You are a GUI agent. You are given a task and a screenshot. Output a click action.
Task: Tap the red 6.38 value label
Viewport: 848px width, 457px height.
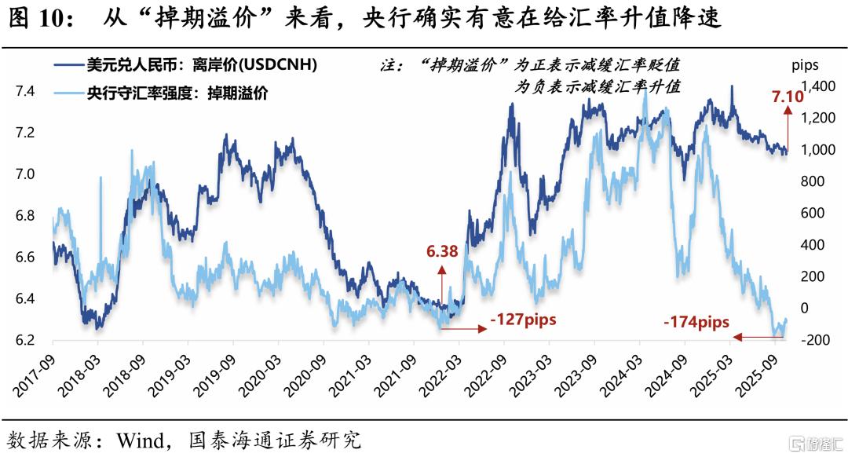pos(443,252)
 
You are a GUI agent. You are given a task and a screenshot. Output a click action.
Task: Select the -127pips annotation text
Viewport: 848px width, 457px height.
pos(522,320)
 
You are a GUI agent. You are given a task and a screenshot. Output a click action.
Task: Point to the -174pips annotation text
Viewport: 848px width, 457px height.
pos(696,321)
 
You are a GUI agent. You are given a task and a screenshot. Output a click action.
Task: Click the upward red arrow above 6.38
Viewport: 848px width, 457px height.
pos(442,283)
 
